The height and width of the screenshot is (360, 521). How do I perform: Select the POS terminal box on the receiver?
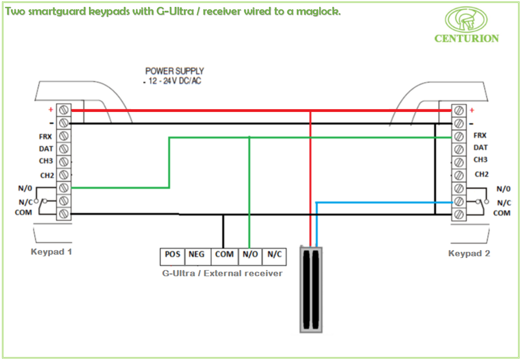173,255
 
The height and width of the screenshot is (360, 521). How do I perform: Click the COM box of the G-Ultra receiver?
224,255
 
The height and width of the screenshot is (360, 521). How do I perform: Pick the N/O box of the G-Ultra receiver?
249,255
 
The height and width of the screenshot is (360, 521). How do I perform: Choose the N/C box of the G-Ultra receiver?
274,255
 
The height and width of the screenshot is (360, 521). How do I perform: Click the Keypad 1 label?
51,252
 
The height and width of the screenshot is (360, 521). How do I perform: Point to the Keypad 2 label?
469,253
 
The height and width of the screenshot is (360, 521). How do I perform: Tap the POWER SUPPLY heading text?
174,71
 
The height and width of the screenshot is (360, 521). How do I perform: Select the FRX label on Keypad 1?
45,137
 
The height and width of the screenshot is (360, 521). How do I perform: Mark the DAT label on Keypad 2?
480,147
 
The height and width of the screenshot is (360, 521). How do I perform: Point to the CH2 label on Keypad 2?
481,174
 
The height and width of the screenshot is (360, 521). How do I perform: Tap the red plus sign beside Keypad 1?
50,110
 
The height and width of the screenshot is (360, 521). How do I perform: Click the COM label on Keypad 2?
501,213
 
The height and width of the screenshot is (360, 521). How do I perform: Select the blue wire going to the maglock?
381,202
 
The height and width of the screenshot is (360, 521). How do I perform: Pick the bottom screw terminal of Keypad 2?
459,214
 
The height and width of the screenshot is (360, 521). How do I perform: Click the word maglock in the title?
320,11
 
